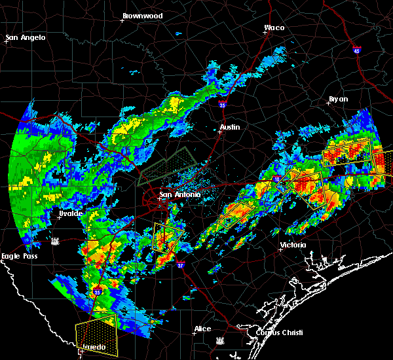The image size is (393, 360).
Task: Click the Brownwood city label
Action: point(142,15)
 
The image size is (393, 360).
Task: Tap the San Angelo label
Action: point(26,37)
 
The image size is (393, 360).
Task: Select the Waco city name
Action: point(274,27)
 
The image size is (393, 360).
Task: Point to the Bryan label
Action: point(338,99)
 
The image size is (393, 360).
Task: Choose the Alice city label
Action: point(202,329)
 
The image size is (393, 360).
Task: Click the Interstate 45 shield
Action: point(357,50)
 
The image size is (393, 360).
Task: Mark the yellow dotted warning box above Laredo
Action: point(96,329)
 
